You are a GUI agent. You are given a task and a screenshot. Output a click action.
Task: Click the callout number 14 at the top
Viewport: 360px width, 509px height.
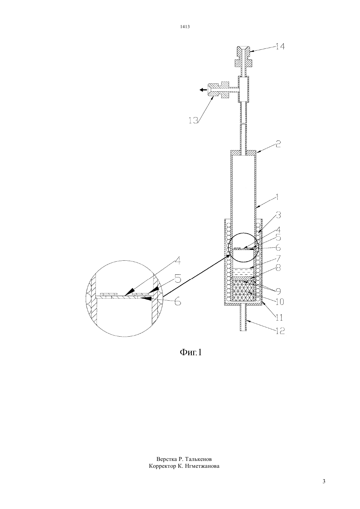pos(280,46)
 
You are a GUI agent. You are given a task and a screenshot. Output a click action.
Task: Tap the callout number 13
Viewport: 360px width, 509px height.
pos(193,120)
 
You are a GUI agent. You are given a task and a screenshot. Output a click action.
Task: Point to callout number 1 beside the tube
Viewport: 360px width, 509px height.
pos(277,197)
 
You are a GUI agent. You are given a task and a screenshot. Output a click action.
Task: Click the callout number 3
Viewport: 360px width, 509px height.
pos(279,215)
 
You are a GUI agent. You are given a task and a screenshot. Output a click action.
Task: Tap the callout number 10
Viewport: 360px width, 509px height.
pos(279,302)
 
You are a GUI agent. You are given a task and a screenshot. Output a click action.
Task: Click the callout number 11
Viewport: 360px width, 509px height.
pos(279,317)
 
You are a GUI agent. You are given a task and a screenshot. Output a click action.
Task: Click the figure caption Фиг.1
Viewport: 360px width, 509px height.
pos(191,352)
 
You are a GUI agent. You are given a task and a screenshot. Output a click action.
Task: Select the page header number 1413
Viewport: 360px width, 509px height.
pos(185,26)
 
